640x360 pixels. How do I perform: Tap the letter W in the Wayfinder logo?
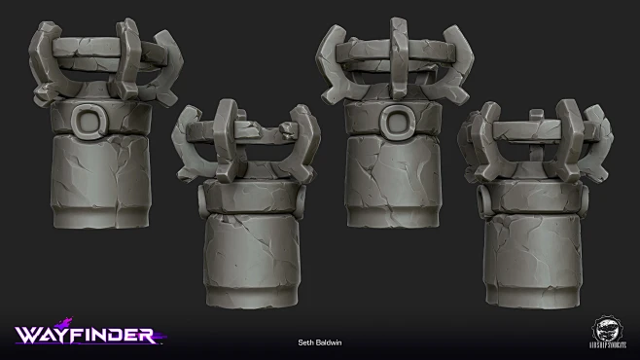pyautogui.click(x=26, y=335)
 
